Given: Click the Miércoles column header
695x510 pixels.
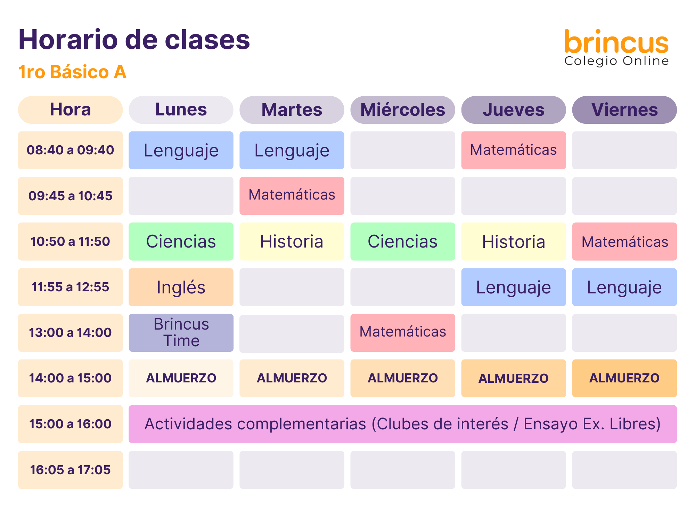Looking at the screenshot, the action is tap(403, 110).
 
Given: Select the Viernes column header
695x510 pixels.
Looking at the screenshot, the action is tap(624, 110).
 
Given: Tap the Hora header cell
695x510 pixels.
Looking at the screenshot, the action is tap(70, 110).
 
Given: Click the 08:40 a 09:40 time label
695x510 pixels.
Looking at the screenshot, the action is tap(70, 150).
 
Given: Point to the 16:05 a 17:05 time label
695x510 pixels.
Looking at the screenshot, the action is tap(70, 470).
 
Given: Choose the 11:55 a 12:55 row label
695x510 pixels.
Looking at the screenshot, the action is tap(70, 287).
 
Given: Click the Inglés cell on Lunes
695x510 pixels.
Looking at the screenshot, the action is tap(181, 287).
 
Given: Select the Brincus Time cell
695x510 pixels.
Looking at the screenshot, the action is tap(181, 333).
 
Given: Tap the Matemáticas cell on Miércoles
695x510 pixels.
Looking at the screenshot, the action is tap(403, 333).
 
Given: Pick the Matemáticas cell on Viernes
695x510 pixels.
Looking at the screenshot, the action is tap(624, 242).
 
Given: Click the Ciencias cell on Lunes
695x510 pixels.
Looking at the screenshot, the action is tap(181, 242).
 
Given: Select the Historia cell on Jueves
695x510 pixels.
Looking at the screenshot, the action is tap(514, 242).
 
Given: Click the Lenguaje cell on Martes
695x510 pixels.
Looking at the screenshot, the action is tap(292, 150).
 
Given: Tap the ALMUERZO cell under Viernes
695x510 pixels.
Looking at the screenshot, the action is tap(624, 378).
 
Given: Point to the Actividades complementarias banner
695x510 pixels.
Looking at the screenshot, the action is tap(403, 424).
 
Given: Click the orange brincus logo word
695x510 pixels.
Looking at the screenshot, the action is tap(616, 42).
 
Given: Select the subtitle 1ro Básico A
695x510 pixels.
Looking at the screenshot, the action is tap(72, 72).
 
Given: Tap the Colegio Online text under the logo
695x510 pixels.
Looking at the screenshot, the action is tap(616, 61).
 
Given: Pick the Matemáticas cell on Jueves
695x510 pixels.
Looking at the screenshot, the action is tap(514, 150).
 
